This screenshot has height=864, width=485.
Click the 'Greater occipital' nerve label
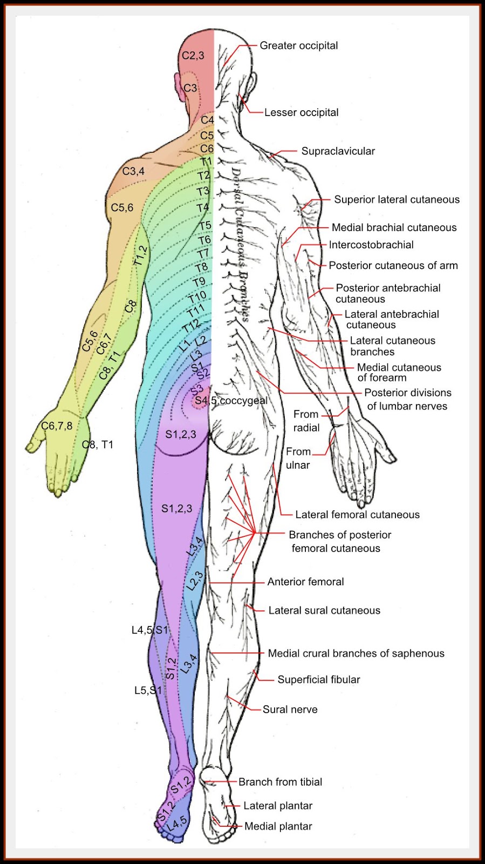pyautogui.click(x=299, y=46)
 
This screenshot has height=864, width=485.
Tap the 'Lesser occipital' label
pyautogui.click(x=301, y=113)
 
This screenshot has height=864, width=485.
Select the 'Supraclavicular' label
pyautogui.click(x=338, y=152)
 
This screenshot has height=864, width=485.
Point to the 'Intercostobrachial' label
pyautogui.click(x=371, y=245)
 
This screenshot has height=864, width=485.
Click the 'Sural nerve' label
pyautogui.click(x=290, y=710)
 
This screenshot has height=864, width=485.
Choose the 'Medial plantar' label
pyautogui.click(x=278, y=826)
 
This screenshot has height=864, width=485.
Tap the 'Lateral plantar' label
pyautogui.click(x=278, y=806)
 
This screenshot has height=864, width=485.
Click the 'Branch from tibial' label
pyautogui.click(x=280, y=782)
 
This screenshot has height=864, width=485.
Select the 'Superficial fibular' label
pyautogui.click(x=319, y=680)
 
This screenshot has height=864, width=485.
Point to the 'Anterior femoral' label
pyautogui.click(x=305, y=582)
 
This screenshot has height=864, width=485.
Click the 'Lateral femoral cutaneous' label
pyautogui.click(x=357, y=515)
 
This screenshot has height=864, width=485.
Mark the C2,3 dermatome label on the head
pyautogui.click(x=193, y=56)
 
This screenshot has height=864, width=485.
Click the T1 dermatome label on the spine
pyautogui.click(x=207, y=161)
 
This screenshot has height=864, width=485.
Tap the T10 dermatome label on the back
pyautogui.click(x=197, y=296)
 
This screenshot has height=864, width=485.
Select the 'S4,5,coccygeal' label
pyautogui.click(x=231, y=401)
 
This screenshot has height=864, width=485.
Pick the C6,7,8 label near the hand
pyautogui.click(x=57, y=426)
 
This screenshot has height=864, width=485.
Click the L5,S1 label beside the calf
pyautogui.click(x=148, y=691)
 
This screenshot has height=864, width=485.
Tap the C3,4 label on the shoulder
pyautogui.click(x=133, y=172)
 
